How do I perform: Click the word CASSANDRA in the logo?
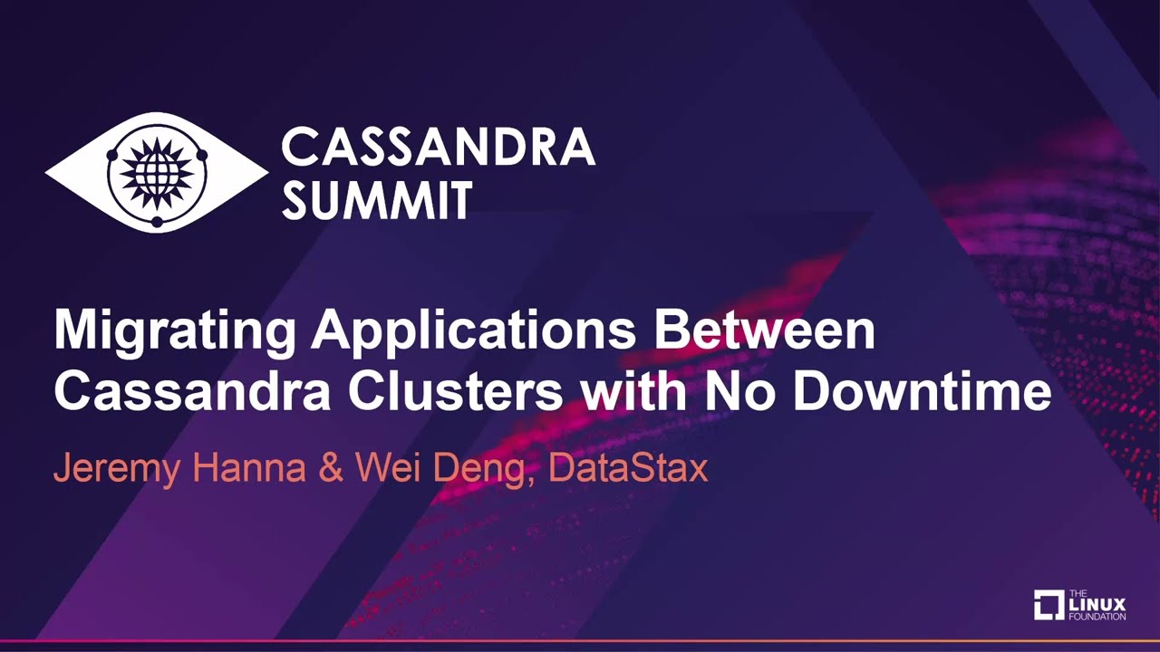pyautogui.click(x=438, y=147)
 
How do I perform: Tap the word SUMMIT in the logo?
pyautogui.click(x=377, y=200)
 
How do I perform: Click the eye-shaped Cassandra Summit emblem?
pyautogui.click(x=157, y=171)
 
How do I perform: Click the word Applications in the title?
pyautogui.click(x=473, y=332)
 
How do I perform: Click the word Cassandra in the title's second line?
pyautogui.click(x=192, y=392)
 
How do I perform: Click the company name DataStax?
pyautogui.click(x=628, y=467)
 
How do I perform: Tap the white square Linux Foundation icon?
pyautogui.click(x=1049, y=605)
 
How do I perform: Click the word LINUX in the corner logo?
pyautogui.click(x=1097, y=604)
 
